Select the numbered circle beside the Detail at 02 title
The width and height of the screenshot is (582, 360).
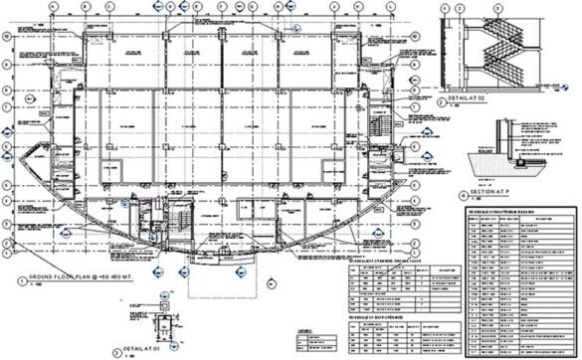pyautogui.click(x=442, y=101)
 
